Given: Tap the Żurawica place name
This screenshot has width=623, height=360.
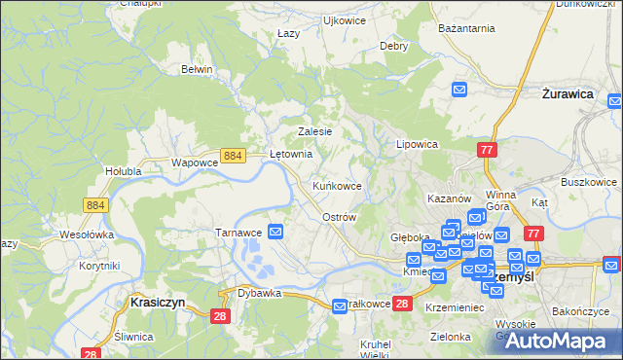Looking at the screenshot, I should pyautogui.click(x=568, y=94).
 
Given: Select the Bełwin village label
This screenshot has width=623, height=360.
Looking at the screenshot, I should pyautogui.click(x=197, y=69).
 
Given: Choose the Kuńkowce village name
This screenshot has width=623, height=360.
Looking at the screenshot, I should pyautogui.click(x=337, y=185).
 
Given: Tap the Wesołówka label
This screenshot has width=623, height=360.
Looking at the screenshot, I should pyautogui.click(x=88, y=234).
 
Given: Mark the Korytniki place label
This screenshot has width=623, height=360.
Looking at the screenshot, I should pyautogui.click(x=99, y=266).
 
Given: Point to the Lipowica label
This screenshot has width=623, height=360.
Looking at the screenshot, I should pyautogui.click(x=417, y=143).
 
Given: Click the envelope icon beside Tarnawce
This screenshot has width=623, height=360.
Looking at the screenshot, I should pyautogui.click(x=276, y=232).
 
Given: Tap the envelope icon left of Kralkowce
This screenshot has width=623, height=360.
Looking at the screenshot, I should pyautogui.click(x=340, y=306).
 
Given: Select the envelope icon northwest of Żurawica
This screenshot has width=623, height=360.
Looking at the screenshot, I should pyautogui.click(x=461, y=90).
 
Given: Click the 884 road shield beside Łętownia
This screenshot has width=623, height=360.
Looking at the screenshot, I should pyautogui.click(x=232, y=155).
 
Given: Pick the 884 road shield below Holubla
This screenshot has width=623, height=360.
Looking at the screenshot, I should pyautogui.click(x=94, y=204).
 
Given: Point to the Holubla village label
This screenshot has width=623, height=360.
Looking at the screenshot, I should pyautogui.click(x=124, y=171).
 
